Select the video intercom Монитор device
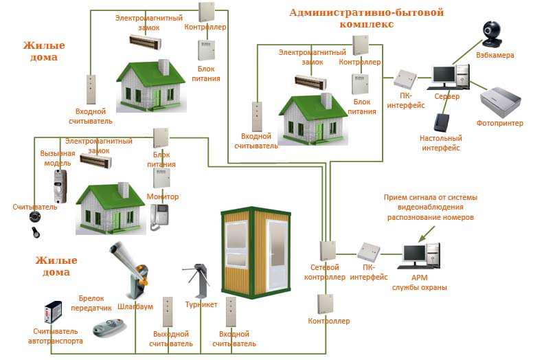159,216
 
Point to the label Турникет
201,304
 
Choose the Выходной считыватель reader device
168,312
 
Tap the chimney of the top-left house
163,67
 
